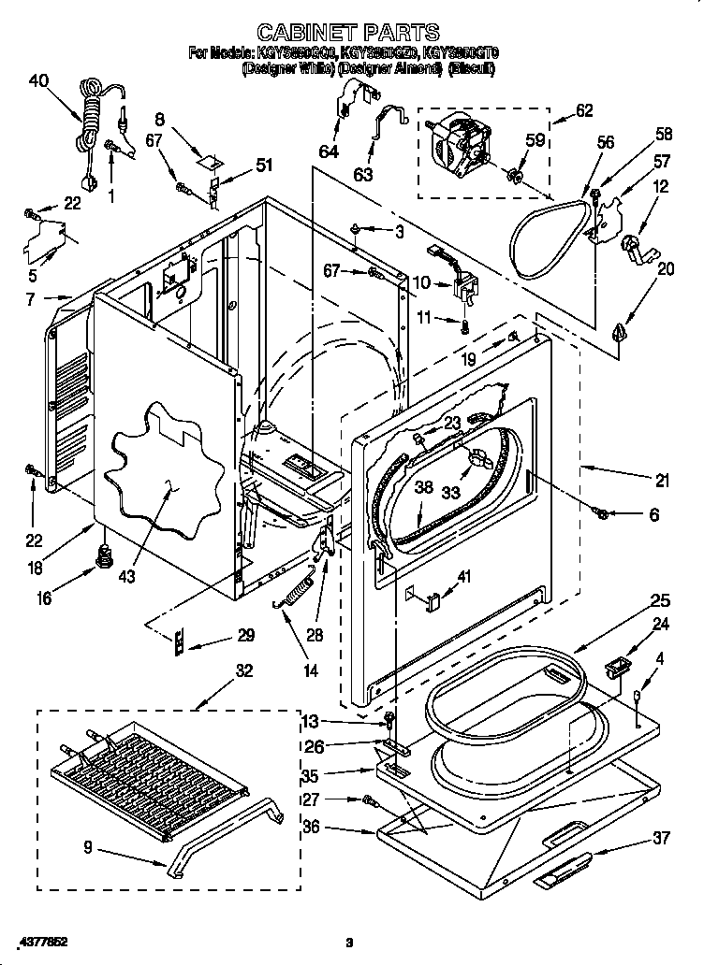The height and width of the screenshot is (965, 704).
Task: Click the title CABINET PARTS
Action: [x=347, y=34]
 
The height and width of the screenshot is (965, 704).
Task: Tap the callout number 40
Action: [x=38, y=80]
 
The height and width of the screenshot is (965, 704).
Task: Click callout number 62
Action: [x=583, y=110]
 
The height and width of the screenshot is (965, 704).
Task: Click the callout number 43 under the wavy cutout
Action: [x=127, y=576]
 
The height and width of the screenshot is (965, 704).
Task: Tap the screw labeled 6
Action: [x=603, y=512]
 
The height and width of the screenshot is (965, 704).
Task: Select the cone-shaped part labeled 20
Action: [x=617, y=330]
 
